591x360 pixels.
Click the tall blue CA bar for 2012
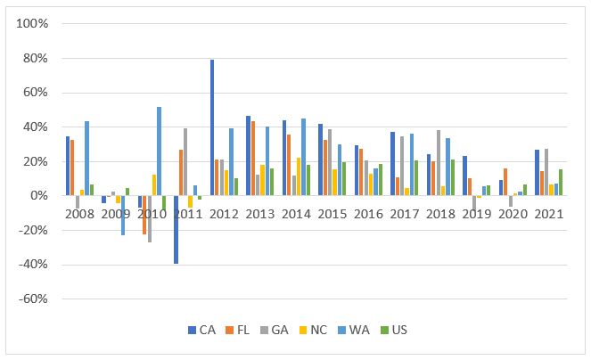(x=212, y=127)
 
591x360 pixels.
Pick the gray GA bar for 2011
(x=185, y=161)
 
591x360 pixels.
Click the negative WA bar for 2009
(x=123, y=215)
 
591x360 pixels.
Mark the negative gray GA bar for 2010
(x=150, y=218)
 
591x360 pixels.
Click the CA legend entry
(x=201, y=330)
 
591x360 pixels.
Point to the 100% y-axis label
(x=32, y=24)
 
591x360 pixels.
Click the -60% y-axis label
(x=32, y=299)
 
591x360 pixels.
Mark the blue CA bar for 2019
(x=464, y=176)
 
